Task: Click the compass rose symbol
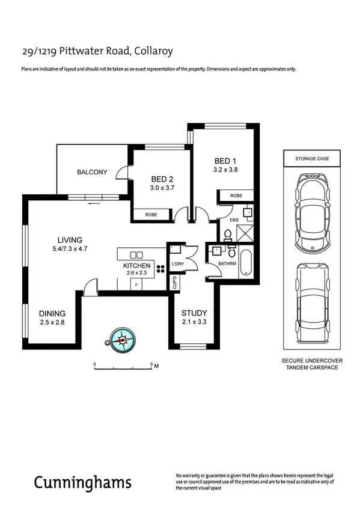click(123, 340)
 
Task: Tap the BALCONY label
click(92, 172)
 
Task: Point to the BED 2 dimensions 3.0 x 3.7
click(162, 188)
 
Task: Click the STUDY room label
click(195, 313)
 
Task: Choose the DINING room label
click(52, 313)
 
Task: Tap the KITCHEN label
click(136, 265)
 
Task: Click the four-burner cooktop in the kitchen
click(161, 268)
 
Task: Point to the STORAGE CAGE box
click(311, 159)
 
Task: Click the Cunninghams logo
click(82, 483)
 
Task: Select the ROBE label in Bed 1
click(236, 195)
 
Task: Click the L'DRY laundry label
click(177, 264)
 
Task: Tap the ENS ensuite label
click(234, 221)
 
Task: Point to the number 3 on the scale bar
click(151, 364)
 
